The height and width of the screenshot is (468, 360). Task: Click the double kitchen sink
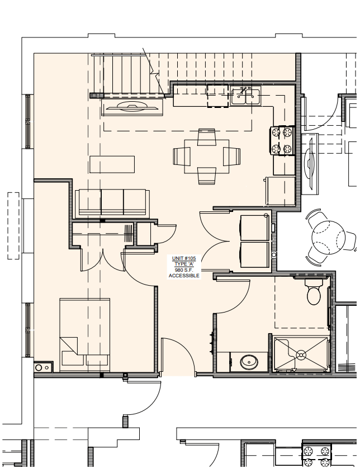click(x=245, y=97)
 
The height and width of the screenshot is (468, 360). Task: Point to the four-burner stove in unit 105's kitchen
click(x=283, y=140)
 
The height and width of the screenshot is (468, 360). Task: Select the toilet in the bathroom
click(x=314, y=292)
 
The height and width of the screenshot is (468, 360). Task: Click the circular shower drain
click(x=301, y=353)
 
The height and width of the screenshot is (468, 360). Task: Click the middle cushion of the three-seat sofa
click(x=112, y=202)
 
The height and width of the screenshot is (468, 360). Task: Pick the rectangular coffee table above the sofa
click(x=112, y=165)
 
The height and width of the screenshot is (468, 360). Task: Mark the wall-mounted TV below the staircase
click(x=132, y=108)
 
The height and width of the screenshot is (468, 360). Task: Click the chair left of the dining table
click(x=182, y=156)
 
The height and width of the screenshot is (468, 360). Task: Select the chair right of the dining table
click(x=231, y=156)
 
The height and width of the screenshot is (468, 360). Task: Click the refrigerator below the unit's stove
click(x=281, y=190)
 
